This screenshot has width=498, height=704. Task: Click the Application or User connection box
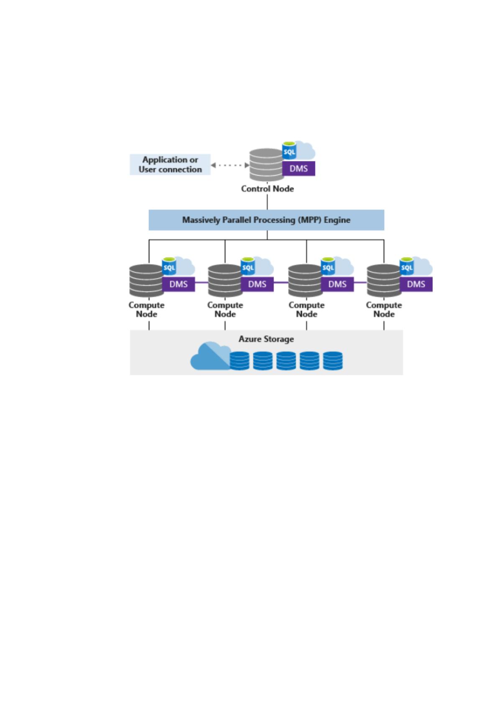170,164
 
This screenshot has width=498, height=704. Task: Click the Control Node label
267,189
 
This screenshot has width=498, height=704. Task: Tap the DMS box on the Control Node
299,168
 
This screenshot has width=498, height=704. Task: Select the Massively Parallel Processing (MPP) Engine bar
266,220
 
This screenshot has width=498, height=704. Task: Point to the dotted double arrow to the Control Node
230,165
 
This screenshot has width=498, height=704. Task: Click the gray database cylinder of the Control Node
266,165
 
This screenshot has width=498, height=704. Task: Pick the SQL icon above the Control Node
289,151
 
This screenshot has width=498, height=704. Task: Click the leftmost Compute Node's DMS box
179,284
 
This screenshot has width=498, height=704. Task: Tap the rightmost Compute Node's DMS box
416,284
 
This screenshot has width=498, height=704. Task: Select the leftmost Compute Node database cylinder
146,281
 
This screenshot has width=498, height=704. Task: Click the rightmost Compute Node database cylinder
384,281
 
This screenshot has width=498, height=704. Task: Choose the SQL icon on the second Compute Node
248,267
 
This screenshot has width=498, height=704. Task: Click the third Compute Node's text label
306,310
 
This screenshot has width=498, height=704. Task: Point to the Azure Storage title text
266,339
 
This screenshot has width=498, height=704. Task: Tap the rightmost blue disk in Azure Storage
333,361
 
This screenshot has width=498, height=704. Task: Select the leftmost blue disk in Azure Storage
240,361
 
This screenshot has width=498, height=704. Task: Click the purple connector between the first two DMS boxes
202,282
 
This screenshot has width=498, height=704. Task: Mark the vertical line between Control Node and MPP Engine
267,202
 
